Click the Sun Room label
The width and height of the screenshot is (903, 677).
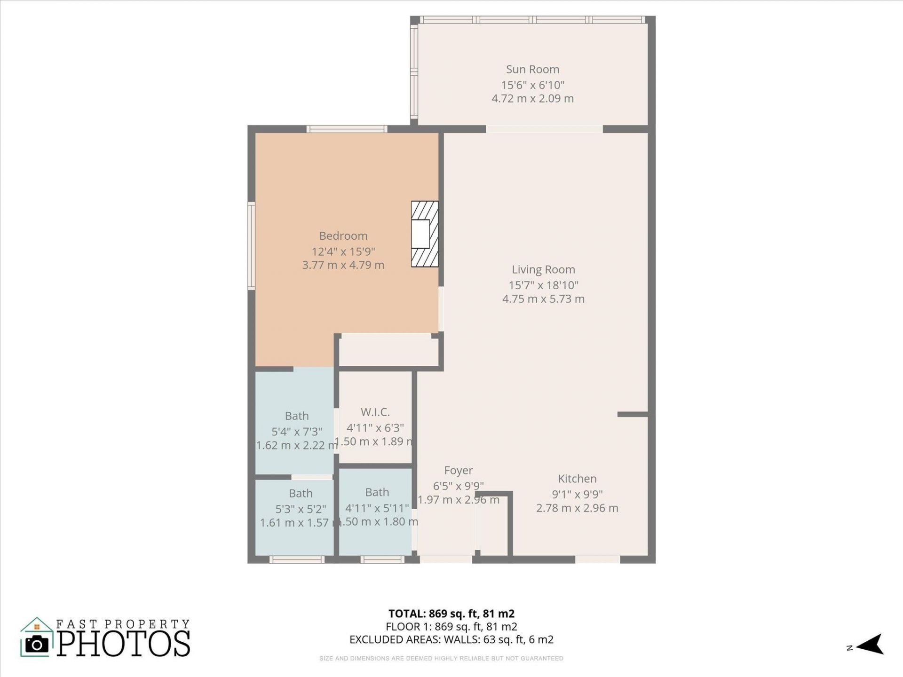tap(532, 69)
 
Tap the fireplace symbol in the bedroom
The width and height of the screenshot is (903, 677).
tap(424, 234)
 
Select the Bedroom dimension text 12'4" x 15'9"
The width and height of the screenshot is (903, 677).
tap(343, 251)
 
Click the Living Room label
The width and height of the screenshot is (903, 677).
tap(543, 269)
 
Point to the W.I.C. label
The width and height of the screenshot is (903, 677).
tap(375, 412)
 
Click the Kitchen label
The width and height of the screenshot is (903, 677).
tap(577, 479)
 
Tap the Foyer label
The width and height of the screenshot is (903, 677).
tap(459, 470)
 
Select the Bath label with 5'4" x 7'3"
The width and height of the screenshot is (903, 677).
tap(297, 416)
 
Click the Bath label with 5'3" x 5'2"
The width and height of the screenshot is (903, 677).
tap(301, 493)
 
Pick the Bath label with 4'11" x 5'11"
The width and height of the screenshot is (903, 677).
tap(377, 492)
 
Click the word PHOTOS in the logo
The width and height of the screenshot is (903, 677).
tap(124, 643)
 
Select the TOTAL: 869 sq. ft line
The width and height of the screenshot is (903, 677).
tap(451, 614)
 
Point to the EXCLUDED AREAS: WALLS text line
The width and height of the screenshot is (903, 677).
tap(451, 639)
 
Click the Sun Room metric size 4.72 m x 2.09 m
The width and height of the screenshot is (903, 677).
tap(532, 98)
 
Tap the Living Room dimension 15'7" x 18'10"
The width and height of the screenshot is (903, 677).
tap(543, 285)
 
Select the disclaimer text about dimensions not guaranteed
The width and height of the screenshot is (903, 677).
tap(441, 658)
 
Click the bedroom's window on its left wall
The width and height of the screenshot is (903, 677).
tap(252, 245)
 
